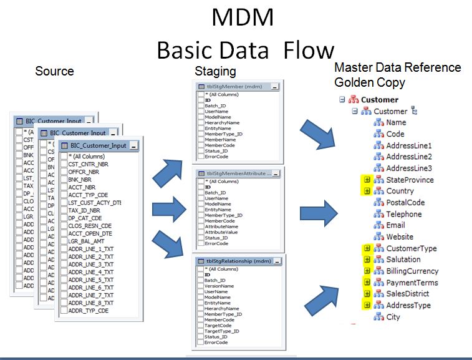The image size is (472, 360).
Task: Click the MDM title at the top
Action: point(242,17)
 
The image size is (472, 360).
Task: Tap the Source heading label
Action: point(54,71)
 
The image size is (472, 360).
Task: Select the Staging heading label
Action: point(215,71)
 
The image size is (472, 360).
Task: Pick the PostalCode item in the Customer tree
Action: point(405,202)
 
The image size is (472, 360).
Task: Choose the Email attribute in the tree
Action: point(395,225)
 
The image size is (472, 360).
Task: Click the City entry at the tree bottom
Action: point(393,317)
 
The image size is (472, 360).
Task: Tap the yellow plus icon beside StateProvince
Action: point(367,180)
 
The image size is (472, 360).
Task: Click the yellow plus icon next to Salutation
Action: point(367,260)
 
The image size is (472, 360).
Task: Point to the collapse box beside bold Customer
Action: point(342,99)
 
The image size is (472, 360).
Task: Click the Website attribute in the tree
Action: point(399,236)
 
